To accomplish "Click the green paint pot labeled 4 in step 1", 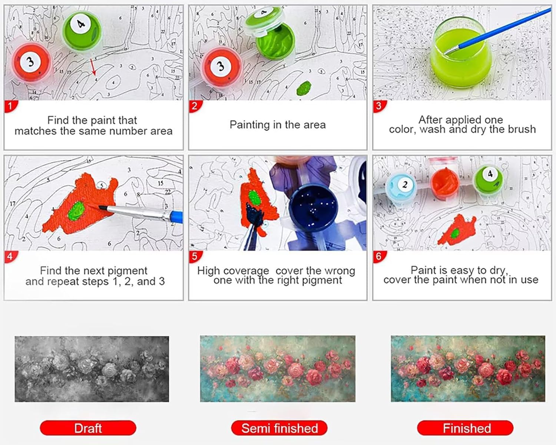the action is point(82,31).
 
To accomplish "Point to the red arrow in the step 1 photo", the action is point(93,67).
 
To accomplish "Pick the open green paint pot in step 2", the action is point(275,42).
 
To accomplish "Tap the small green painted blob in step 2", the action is point(304,88).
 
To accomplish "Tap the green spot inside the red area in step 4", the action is point(76,211).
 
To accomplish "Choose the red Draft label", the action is point(88,428).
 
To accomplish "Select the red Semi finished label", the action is point(279,428).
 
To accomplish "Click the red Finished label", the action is point(465,428).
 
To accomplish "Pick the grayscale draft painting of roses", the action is point(92,369).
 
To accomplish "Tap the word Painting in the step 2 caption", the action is point(250,125).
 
